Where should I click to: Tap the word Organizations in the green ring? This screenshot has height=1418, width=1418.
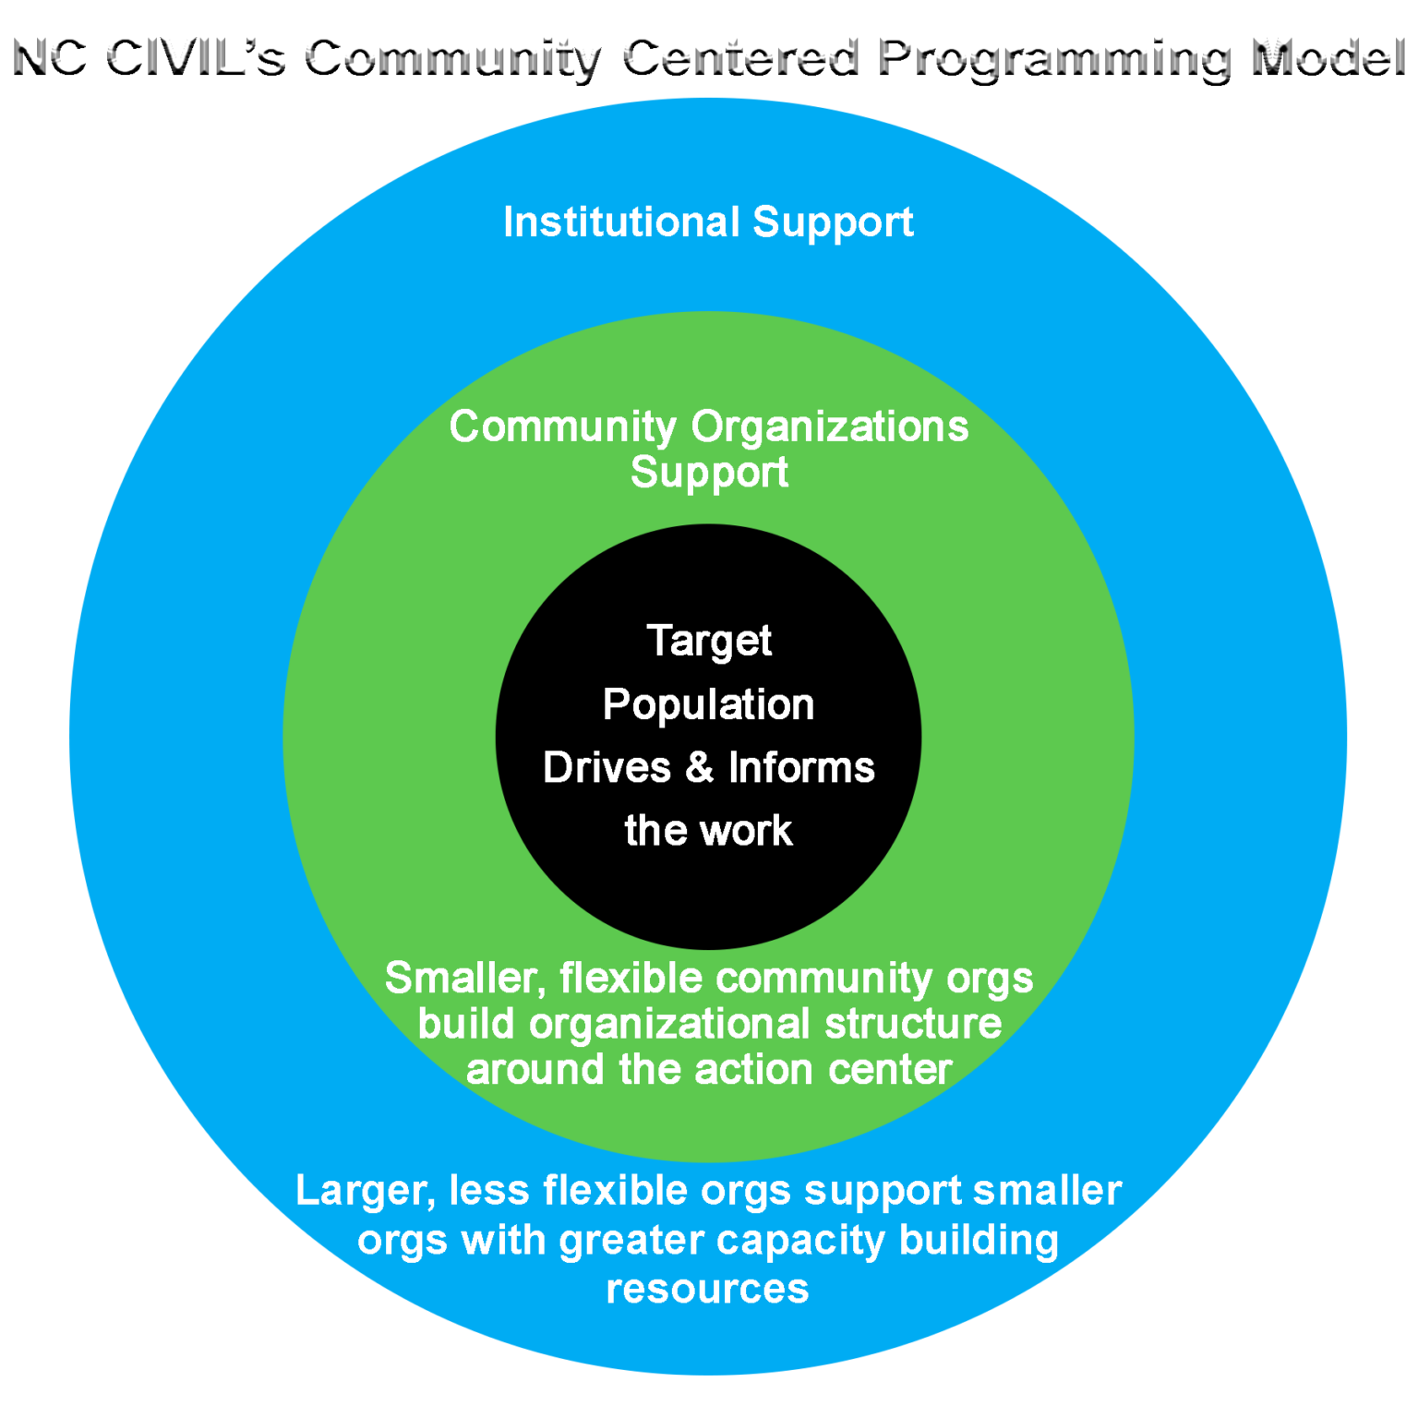(x=830, y=427)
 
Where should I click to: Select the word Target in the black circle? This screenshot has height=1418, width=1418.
(x=709, y=642)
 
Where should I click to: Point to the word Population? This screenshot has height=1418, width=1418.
(x=708, y=705)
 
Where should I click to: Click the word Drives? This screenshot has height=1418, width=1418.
(x=607, y=768)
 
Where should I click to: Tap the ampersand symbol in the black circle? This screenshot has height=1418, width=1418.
(x=700, y=768)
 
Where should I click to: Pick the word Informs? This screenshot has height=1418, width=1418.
(x=801, y=768)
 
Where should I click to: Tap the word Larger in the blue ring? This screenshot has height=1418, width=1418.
(x=366, y=1192)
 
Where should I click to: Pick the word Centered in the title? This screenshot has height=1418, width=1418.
(x=740, y=58)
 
